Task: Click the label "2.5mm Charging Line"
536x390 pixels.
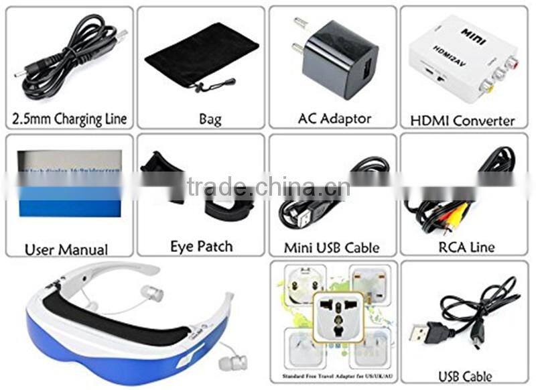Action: [x=70, y=120]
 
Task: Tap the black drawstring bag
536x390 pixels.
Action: [x=201, y=57]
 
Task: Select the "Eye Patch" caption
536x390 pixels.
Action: [x=201, y=247]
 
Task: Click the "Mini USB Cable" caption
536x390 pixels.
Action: [x=332, y=247]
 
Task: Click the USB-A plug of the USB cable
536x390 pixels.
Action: [x=422, y=331]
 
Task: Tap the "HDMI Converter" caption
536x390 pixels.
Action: [x=462, y=121]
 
